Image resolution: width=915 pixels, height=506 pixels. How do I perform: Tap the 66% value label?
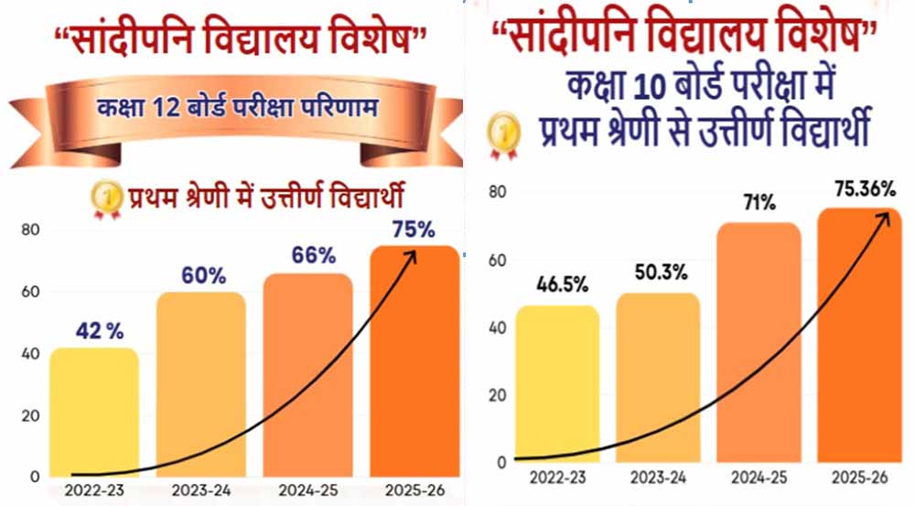(315, 257)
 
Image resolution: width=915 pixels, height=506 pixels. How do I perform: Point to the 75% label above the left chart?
(414, 229)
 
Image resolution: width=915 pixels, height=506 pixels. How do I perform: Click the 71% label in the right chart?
(759, 204)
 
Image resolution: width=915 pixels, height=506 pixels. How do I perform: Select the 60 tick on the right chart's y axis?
(497, 261)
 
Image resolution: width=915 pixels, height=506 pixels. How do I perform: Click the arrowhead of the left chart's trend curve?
(411, 255)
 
